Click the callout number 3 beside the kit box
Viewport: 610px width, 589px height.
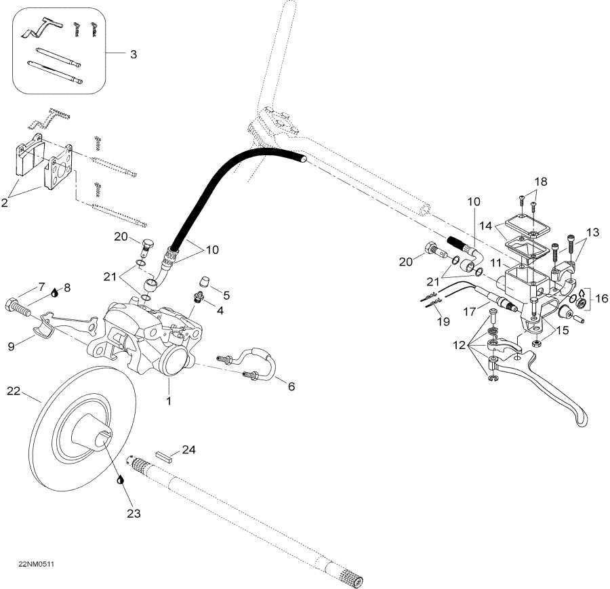[133, 54]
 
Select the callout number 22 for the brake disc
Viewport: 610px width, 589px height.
[14, 391]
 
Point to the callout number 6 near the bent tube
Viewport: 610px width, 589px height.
[291, 386]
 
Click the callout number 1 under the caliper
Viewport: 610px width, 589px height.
[169, 401]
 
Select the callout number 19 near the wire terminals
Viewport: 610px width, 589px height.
[443, 322]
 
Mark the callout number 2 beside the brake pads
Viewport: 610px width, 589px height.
[6, 203]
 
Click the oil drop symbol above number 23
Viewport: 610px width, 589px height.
[121, 479]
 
